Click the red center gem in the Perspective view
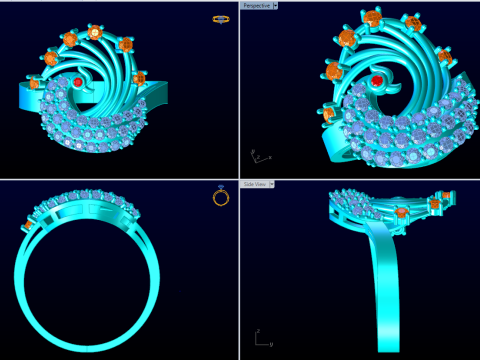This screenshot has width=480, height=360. (x=377, y=80)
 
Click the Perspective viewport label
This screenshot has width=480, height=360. (x=255, y=5)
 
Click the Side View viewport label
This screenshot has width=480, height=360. (x=254, y=184)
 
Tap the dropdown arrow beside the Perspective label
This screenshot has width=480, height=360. (x=275, y=5)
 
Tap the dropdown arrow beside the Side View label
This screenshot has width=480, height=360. (x=271, y=184)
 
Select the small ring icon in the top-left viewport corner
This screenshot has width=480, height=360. (x=220, y=18)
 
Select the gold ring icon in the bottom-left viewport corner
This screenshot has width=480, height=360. (x=221, y=196)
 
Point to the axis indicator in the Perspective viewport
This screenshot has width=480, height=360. (x=258, y=156)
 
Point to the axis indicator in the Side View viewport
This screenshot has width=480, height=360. (x=261, y=338)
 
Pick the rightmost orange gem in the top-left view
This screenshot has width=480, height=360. (x=139, y=77)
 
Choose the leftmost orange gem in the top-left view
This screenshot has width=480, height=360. (x=34, y=83)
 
